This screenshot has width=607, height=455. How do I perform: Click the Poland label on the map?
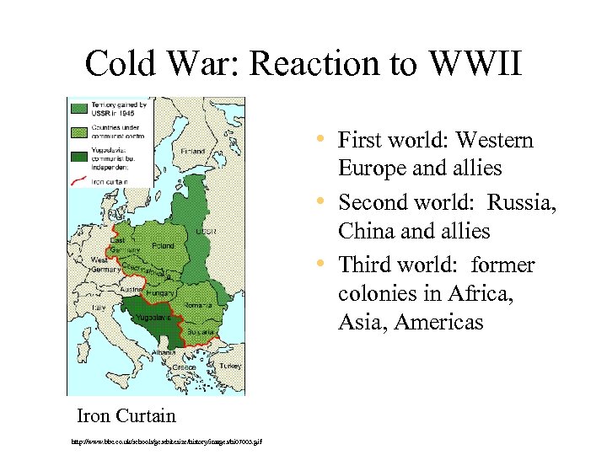click(164, 246)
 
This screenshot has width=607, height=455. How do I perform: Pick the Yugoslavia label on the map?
click(156, 318)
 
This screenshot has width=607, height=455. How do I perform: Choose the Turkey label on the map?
click(230, 366)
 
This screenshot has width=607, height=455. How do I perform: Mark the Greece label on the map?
click(185, 368)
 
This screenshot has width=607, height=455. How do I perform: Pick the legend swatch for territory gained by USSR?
click(80, 107)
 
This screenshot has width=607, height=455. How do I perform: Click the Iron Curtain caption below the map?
click(126, 415)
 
